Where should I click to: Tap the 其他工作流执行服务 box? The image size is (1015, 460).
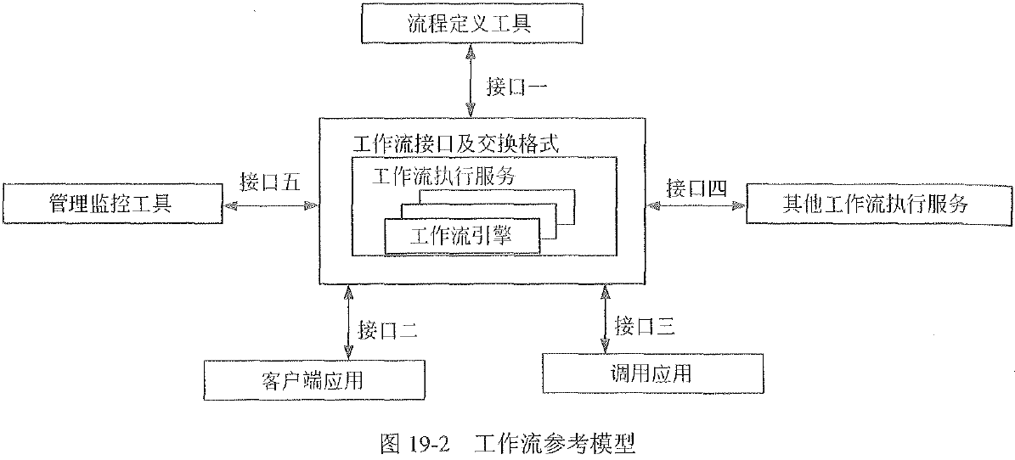pyautogui.click(x=875, y=204)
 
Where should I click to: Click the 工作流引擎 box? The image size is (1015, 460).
pyautogui.click(x=462, y=236)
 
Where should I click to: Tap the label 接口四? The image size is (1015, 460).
pyautogui.click(x=696, y=188)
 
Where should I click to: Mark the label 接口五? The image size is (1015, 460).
pyautogui.click(x=269, y=181)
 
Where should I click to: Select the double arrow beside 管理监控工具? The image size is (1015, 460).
pyautogui.click(x=269, y=205)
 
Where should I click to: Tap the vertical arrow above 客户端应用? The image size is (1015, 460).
pyautogui.click(x=347, y=323)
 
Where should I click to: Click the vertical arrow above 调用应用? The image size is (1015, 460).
pyautogui.click(x=604, y=320)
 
